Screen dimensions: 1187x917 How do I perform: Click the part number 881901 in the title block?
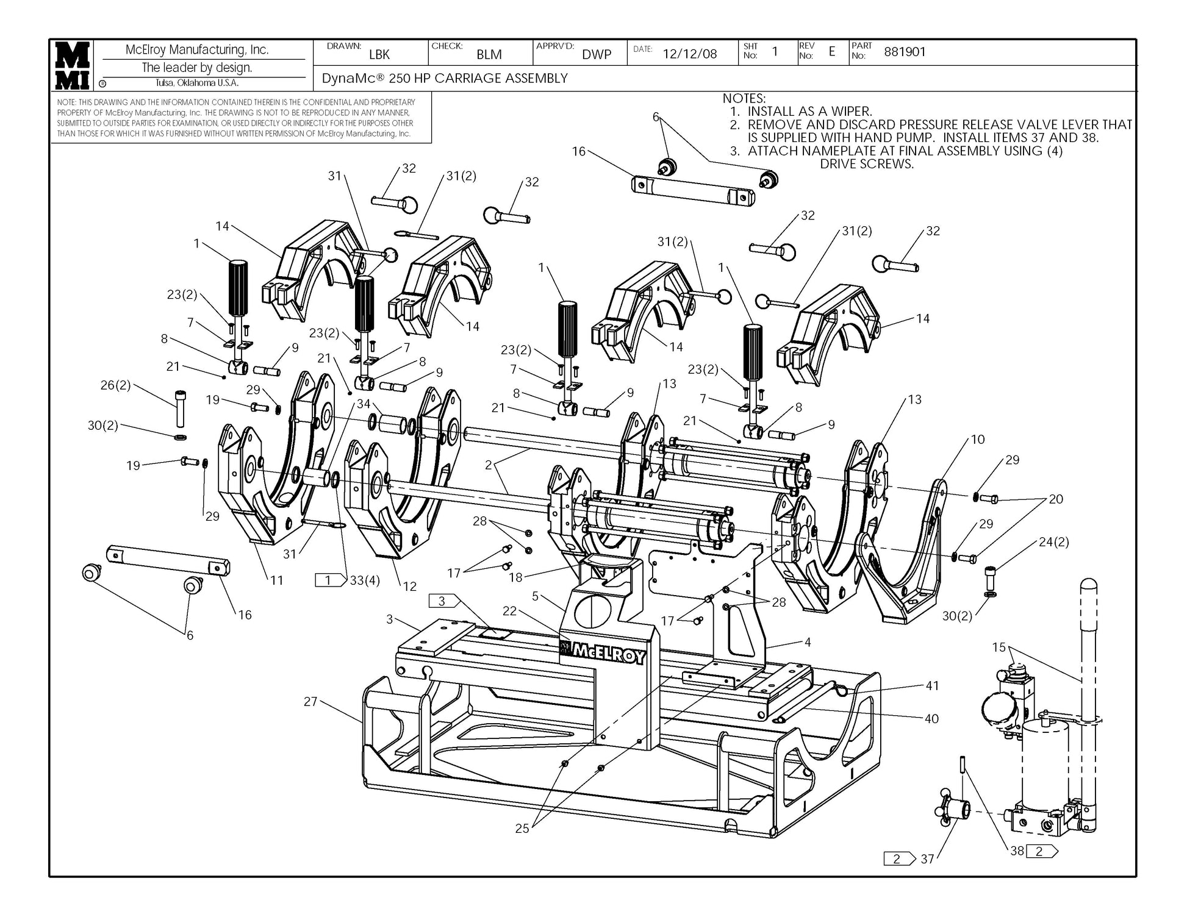905,52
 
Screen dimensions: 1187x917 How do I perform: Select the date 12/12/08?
690,54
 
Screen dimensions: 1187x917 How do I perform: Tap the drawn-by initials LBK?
379,54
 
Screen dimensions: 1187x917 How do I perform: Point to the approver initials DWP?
597,54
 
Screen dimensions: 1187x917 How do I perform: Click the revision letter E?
831,52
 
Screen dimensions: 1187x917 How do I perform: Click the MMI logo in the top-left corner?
73,65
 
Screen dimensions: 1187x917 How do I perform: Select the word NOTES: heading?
744,98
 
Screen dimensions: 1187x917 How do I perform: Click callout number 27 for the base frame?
311,702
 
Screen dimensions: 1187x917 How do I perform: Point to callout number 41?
932,686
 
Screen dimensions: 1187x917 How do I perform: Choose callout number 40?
931,719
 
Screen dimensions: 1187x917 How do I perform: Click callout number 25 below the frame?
522,829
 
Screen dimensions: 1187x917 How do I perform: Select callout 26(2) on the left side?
116,385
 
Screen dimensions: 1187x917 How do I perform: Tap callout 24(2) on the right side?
1053,542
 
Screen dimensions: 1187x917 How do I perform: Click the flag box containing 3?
445,601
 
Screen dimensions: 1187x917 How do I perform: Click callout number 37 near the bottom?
927,859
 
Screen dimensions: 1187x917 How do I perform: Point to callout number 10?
978,440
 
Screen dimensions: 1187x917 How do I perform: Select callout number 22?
509,611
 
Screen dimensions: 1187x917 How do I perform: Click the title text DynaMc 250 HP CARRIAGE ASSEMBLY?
445,78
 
